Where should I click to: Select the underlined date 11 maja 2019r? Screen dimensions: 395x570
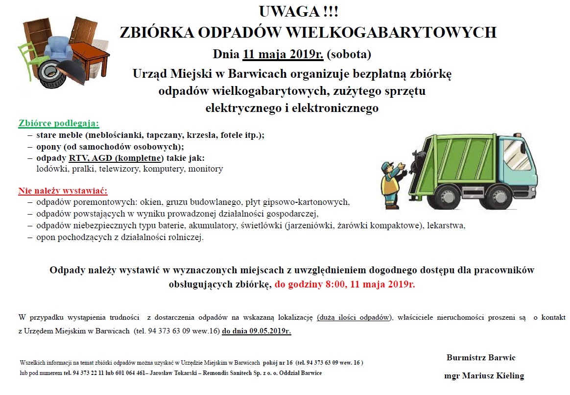[283, 53]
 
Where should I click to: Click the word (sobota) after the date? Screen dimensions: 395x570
[349, 53]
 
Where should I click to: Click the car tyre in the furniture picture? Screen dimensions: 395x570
[49, 73]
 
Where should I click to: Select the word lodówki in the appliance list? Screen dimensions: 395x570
[52, 169]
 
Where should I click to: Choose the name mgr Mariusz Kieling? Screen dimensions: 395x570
[484, 376]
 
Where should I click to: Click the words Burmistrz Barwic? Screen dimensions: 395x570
[480, 357]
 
